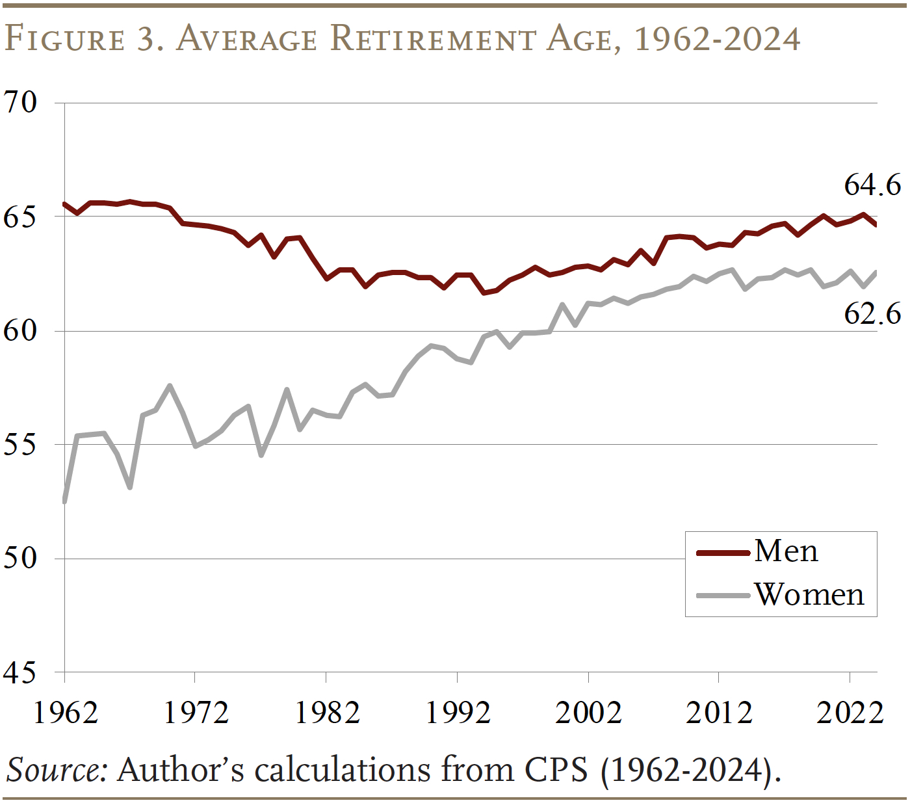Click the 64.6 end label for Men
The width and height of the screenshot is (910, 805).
[872, 185]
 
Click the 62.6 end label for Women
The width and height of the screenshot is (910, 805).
[872, 313]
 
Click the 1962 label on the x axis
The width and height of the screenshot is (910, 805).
[65, 713]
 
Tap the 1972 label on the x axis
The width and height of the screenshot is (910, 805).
[196, 713]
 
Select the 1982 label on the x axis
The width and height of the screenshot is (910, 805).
[327, 713]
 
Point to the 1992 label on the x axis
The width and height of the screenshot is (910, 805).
[458, 713]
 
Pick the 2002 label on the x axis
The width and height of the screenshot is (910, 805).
[588, 713]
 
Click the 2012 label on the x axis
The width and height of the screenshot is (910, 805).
[719, 713]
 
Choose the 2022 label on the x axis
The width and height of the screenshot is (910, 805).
[850, 713]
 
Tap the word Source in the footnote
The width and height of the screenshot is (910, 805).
[56, 771]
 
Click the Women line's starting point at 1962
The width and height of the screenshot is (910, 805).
[65, 501]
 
